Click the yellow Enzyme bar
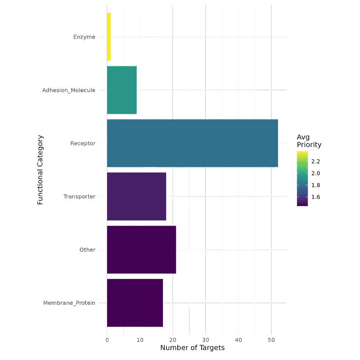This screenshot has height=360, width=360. click(108, 37)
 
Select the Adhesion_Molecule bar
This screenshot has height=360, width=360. click(121, 90)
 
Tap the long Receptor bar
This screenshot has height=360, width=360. click(192, 143)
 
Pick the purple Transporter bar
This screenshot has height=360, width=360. click(136, 196)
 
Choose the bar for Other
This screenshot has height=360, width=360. click(141, 249)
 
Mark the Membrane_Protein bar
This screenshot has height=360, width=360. click(135, 302)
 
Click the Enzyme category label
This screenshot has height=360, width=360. click(84, 37)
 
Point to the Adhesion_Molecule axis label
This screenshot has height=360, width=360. click(68, 90)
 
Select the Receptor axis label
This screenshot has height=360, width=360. click(83, 143)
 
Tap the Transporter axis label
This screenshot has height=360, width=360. click(79, 196)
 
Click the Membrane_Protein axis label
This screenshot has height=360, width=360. click(69, 303)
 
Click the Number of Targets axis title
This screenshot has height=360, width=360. click(192, 348)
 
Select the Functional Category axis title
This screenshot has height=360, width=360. click(40, 169)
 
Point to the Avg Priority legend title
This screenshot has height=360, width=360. click(309, 141)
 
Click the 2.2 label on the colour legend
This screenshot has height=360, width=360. click(315, 161)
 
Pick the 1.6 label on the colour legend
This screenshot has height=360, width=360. click(315, 197)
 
